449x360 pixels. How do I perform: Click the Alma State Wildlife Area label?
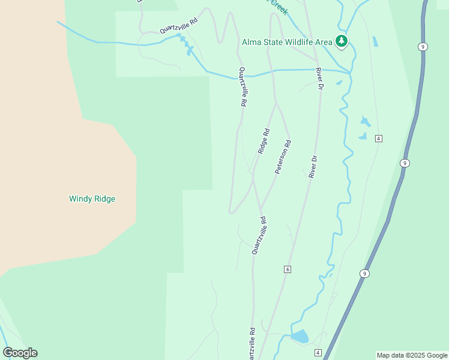(x=286, y=42)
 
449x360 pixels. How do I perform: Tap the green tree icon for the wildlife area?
(x=342, y=41)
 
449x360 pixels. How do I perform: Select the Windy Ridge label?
(x=92, y=199)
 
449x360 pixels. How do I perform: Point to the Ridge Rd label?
(x=264, y=141)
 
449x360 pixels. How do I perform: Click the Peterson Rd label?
(x=283, y=157)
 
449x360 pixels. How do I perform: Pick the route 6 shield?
(x=288, y=269)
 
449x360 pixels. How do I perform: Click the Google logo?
(x=20, y=353)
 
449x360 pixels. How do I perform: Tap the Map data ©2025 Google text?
(x=412, y=355)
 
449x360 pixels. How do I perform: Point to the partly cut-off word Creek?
(x=279, y=6)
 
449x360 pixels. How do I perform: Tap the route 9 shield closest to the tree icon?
(x=423, y=47)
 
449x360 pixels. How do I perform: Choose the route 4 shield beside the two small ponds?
(x=378, y=139)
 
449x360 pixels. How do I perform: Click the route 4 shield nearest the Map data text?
(x=318, y=352)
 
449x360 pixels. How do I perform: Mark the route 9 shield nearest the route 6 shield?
(x=364, y=274)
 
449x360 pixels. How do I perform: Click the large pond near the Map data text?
(x=300, y=336)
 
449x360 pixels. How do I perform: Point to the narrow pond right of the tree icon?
(x=375, y=42)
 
